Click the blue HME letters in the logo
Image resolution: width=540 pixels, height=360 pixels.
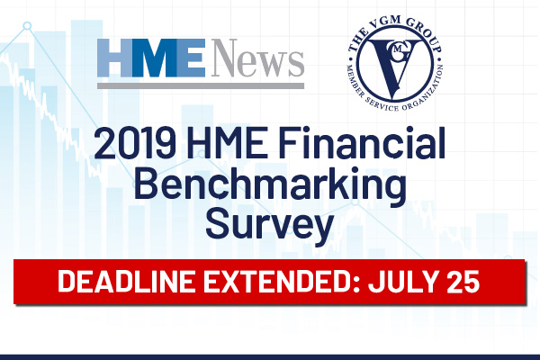click(151, 58)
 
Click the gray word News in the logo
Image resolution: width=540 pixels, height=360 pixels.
click(257, 58)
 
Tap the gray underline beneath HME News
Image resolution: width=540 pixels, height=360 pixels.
click(201, 85)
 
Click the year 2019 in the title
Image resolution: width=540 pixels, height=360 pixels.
click(135, 143)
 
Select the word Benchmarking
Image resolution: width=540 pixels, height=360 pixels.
click(270, 188)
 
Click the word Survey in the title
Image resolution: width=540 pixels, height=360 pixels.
click(270, 226)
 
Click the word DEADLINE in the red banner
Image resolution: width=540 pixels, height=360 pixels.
click(126, 281)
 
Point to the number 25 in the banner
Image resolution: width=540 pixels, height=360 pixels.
click(463, 282)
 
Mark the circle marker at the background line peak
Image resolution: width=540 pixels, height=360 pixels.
click(27, 26)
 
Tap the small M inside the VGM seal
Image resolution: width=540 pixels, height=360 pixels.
click(398, 49)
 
